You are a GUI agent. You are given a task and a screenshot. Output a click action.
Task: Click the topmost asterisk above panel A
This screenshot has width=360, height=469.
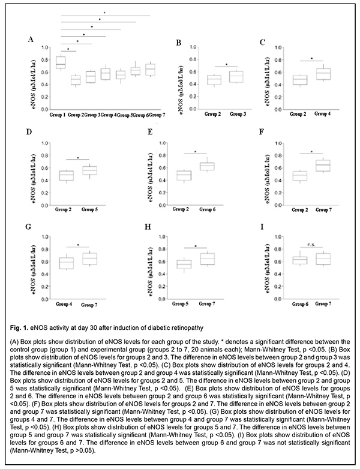click(104, 13)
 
